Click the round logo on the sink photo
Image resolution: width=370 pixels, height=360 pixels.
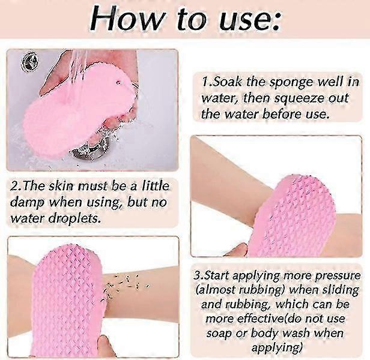[x=29, y=62]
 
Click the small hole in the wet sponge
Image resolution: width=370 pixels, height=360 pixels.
[x=119, y=82]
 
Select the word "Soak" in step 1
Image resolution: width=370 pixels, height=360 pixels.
[x=228, y=82]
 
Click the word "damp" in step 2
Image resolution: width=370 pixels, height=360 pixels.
[x=28, y=203]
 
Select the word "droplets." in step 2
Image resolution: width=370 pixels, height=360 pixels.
[x=74, y=219]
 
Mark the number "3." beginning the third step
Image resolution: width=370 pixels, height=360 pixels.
[x=198, y=276]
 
